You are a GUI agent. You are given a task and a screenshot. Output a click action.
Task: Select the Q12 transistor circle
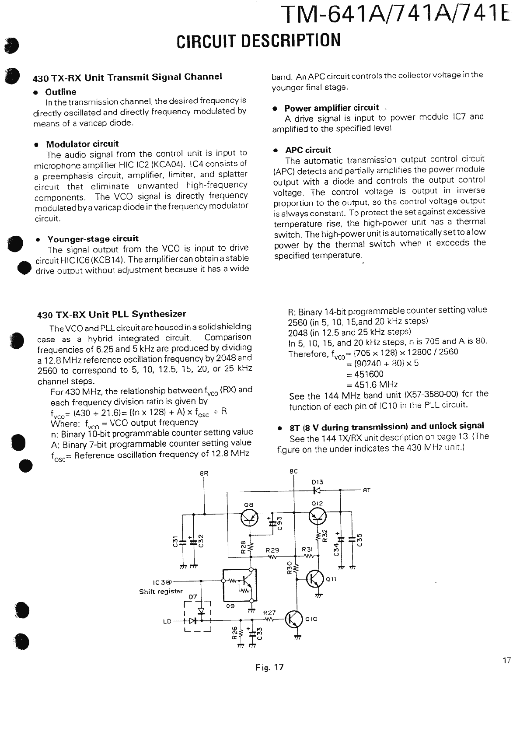(318, 518)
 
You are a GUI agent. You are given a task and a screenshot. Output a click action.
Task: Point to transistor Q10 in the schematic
(294, 619)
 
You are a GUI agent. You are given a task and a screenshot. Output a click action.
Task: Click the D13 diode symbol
(318, 490)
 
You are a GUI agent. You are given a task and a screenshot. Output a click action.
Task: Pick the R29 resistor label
(272, 550)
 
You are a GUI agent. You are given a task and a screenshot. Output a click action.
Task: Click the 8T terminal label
(366, 490)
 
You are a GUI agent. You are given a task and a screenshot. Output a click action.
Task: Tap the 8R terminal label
(204, 473)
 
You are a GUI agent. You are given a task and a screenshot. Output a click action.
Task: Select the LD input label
(167, 621)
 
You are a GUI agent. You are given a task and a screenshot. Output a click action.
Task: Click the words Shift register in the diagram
(161, 591)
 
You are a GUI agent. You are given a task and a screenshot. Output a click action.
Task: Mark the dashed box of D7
(198, 616)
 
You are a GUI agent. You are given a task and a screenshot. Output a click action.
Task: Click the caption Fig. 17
(270, 667)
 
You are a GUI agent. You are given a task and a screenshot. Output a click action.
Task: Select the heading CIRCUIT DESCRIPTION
(258, 41)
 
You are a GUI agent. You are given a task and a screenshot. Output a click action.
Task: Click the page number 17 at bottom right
(506, 661)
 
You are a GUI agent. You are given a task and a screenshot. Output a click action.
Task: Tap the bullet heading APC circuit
(308, 150)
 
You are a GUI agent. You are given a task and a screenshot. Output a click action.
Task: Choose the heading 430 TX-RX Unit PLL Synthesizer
(112, 314)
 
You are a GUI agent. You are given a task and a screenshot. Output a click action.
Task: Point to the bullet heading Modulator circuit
(82, 144)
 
